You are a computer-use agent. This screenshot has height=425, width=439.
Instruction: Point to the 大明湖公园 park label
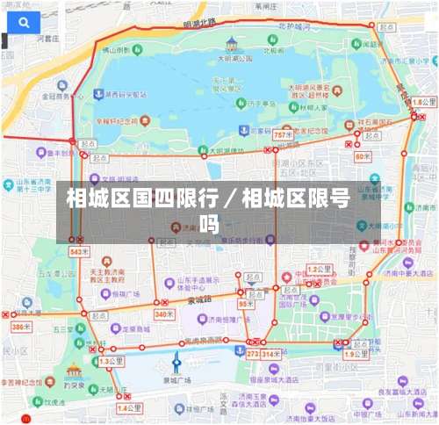[x=234, y=58]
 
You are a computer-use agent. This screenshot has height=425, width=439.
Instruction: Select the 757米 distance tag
[x=281, y=134]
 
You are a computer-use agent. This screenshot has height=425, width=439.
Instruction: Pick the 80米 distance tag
[x=363, y=156]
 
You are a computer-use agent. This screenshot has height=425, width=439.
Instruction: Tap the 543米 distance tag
[x=78, y=252]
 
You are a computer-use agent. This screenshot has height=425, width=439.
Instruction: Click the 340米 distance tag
[x=163, y=313]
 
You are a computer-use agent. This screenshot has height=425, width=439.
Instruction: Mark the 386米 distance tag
[x=20, y=327]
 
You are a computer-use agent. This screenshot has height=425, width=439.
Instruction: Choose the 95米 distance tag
[x=247, y=303]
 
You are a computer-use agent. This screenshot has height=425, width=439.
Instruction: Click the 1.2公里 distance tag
[x=319, y=268]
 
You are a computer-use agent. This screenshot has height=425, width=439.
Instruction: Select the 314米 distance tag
[x=270, y=354]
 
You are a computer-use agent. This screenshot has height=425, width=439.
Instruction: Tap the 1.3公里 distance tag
[x=110, y=361]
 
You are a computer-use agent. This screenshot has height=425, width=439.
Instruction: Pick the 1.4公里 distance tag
[x=128, y=408]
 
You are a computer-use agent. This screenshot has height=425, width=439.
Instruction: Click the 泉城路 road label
[x=200, y=299]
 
